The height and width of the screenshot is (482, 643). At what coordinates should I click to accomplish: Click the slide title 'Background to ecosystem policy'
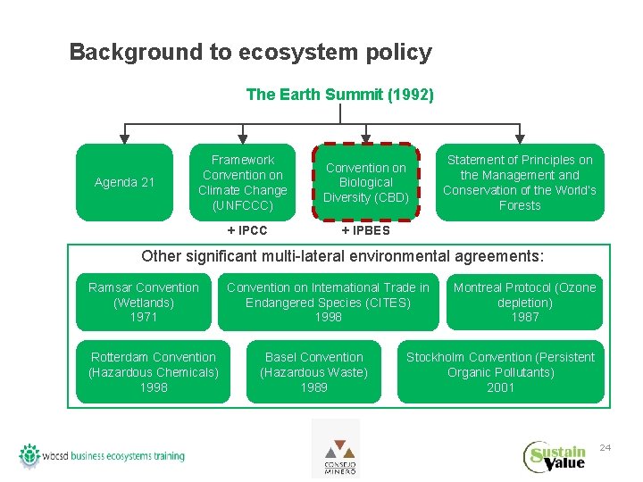[x=250, y=52]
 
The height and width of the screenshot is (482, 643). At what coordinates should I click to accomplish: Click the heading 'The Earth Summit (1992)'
[x=339, y=94]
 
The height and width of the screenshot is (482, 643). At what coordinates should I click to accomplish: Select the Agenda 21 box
[x=124, y=182]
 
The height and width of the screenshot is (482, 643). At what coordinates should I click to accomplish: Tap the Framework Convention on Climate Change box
[x=242, y=182]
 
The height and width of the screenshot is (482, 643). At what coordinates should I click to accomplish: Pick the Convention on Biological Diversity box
[x=365, y=182]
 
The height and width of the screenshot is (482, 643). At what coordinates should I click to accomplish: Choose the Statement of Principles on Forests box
[x=520, y=182]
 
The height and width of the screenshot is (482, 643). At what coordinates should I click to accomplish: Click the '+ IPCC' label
[x=247, y=230]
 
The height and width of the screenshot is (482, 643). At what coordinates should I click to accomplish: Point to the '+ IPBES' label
[x=365, y=230]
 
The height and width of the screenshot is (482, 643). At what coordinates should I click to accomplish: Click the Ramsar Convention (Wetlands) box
[x=143, y=302]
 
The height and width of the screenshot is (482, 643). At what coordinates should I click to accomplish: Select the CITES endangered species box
[x=328, y=302]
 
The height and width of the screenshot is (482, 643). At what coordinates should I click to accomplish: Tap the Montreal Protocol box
[x=524, y=302]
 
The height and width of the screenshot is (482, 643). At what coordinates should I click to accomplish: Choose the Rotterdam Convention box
[x=153, y=371]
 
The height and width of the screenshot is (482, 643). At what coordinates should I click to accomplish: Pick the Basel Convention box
[x=313, y=371]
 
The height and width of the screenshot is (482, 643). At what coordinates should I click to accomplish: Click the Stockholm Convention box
[x=500, y=371]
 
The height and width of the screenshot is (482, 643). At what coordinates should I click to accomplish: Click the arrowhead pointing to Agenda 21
[x=124, y=138]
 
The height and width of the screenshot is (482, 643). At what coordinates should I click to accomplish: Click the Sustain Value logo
[x=555, y=456]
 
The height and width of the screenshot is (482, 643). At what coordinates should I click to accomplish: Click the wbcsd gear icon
[x=30, y=454]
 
